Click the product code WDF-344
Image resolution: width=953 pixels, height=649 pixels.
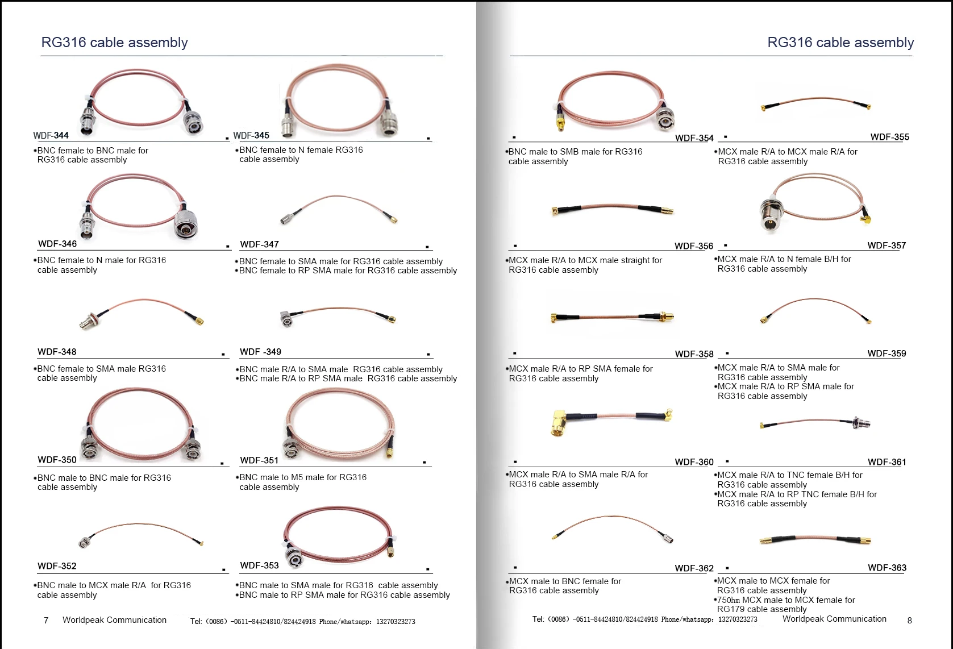(51, 135)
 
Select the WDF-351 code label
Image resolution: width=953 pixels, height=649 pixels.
(259, 460)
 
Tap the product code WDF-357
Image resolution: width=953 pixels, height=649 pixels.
(887, 246)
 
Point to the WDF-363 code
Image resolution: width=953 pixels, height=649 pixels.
(887, 568)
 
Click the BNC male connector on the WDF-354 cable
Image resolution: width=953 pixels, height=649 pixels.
(665, 119)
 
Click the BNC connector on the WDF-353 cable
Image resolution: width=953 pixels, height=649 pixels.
(294, 558)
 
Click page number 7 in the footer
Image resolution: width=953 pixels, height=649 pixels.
(46, 620)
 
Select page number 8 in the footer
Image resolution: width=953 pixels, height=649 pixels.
(909, 621)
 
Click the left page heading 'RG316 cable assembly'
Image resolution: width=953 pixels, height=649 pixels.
(114, 43)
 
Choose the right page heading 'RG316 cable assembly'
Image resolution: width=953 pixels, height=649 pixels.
(840, 43)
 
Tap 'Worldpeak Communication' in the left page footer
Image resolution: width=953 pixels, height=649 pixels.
(114, 620)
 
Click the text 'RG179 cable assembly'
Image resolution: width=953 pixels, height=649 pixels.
(761, 609)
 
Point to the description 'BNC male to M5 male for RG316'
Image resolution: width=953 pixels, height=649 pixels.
(303, 477)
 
